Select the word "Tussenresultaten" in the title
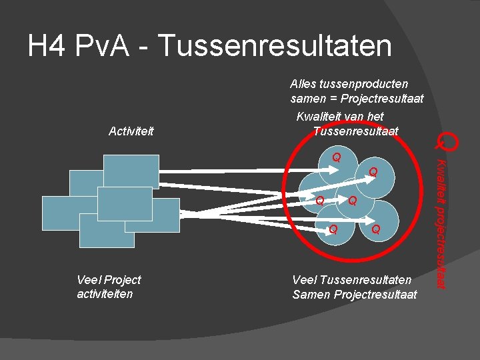pos(275,47)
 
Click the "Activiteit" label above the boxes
pos(131,131)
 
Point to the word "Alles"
pos(305,84)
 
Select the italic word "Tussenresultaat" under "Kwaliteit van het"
pos(355,131)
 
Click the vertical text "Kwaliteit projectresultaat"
pos(441,223)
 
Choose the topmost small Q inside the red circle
pos(337,158)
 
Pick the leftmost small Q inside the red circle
pos(320,200)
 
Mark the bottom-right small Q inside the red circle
pos(375,230)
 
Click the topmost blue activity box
pos(131,172)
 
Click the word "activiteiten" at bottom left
pos(105,293)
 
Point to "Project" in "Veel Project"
pos(123,280)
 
